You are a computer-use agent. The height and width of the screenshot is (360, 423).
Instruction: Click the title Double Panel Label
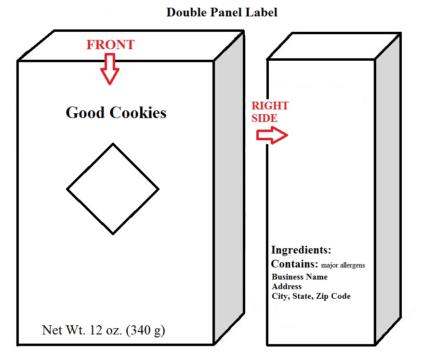pos(222,13)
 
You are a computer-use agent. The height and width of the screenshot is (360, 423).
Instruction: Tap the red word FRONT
pos(110,45)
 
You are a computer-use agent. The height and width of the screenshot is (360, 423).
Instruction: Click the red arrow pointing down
pos(110,69)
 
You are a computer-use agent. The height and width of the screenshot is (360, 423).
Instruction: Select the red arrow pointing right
pos(272,136)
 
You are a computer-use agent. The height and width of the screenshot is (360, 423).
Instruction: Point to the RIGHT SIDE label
pos(270,112)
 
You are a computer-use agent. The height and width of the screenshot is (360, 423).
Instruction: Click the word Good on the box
pos(85,113)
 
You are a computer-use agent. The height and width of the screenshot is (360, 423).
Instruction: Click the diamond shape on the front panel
pos(113,189)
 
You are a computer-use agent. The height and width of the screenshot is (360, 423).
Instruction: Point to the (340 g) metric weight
pos(145,331)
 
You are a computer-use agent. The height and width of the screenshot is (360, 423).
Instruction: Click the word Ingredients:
pos(301,250)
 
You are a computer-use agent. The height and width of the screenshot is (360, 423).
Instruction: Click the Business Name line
pos(300,277)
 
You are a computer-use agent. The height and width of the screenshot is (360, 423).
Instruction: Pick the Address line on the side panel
pos(287,287)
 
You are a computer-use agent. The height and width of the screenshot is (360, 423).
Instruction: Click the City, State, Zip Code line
pos(311,296)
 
